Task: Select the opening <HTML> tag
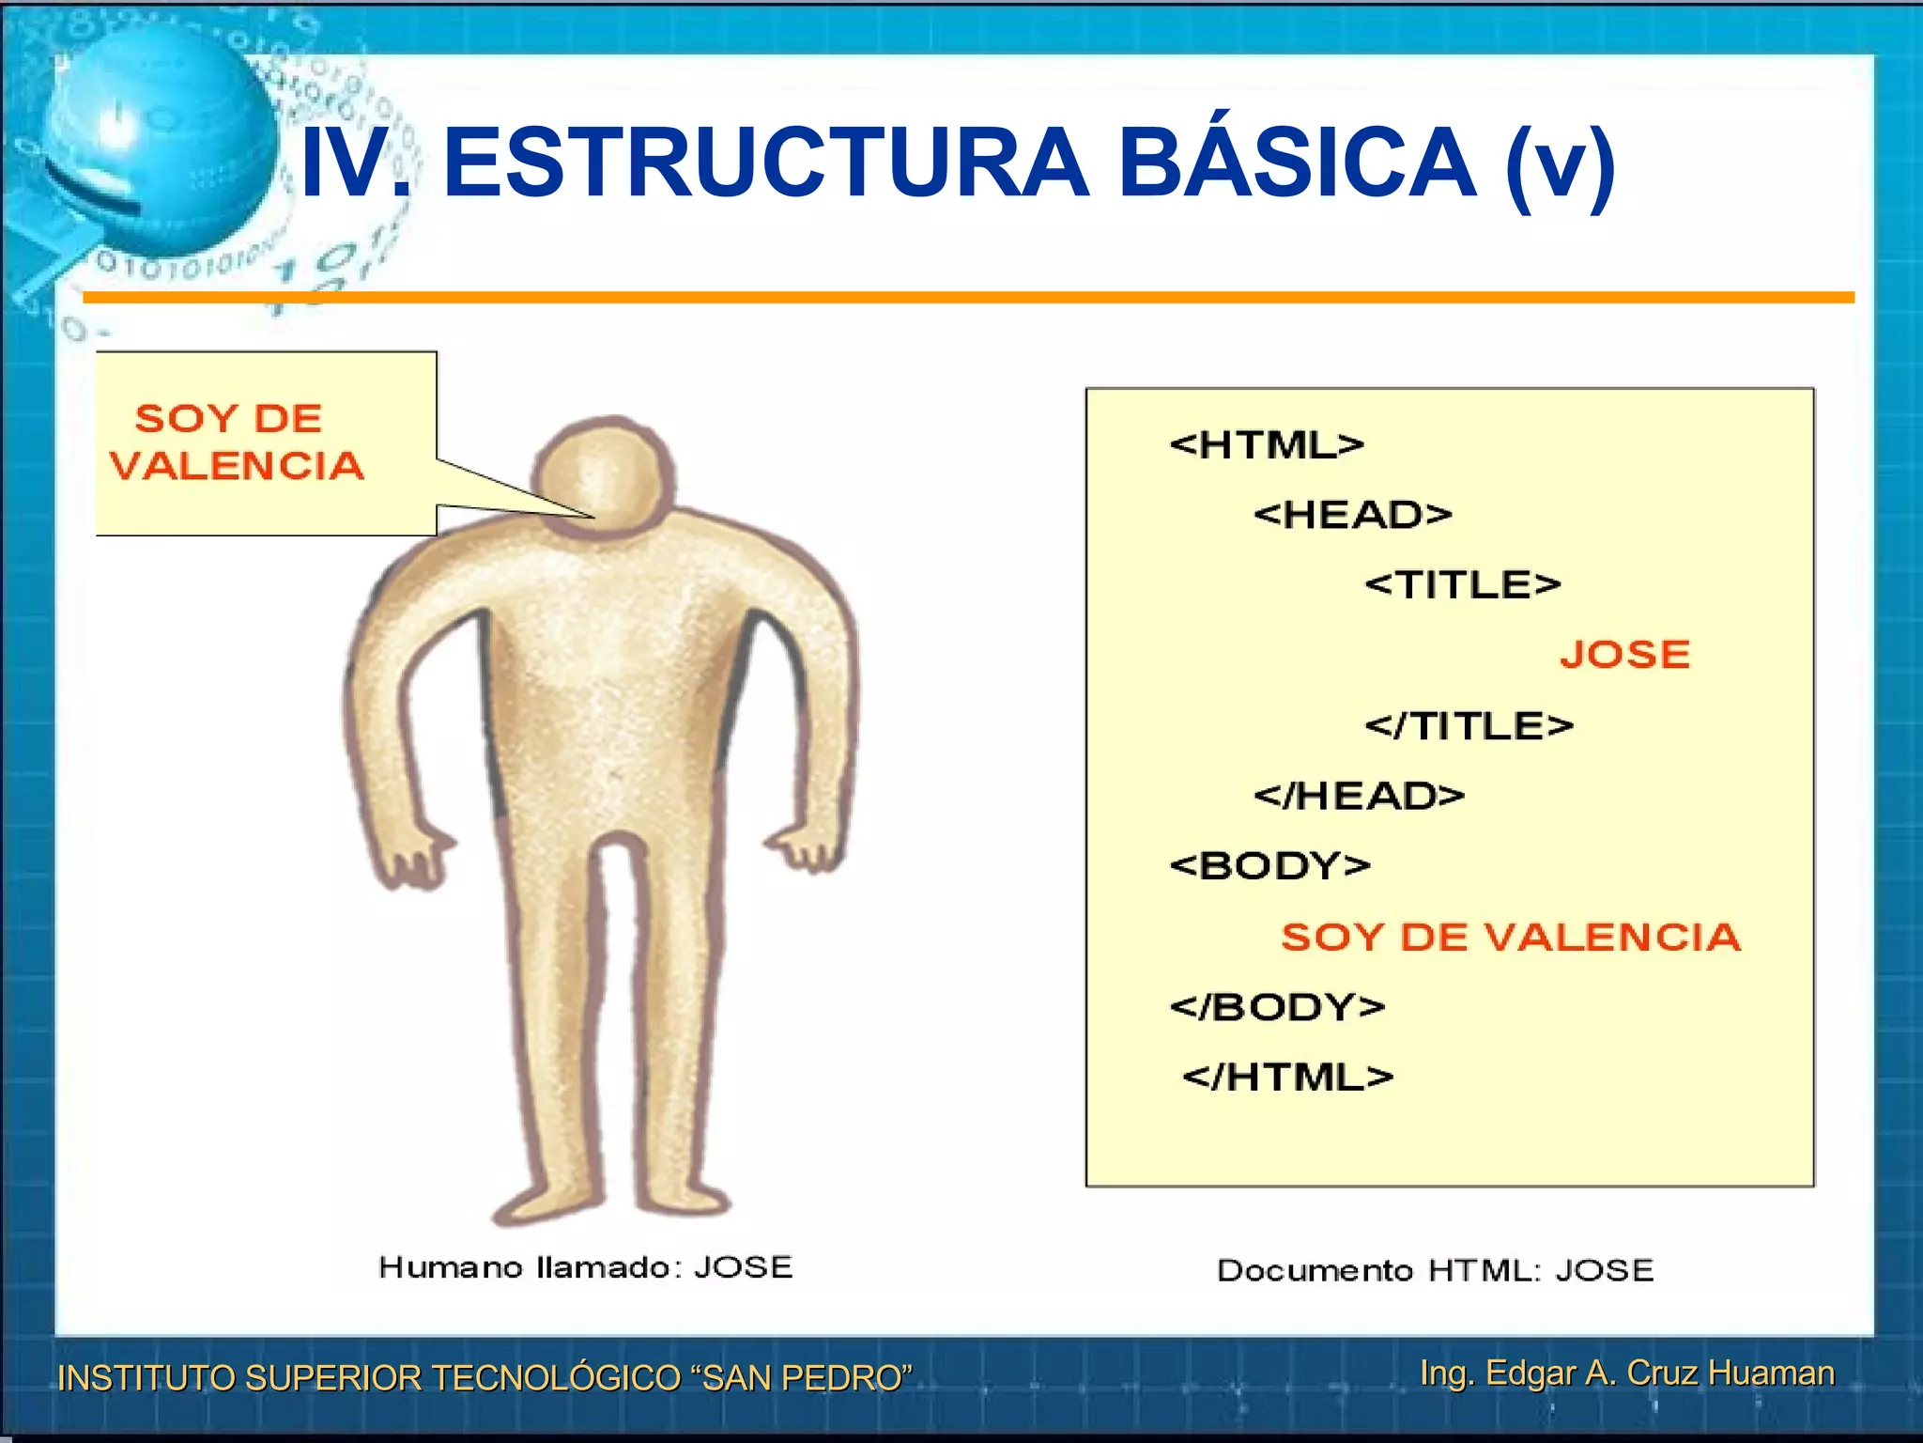(1267, 444)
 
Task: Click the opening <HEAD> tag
(1352, 515)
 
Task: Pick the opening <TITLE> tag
(1462, 584)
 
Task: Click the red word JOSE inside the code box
(1624, 655)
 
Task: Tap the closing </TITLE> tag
(1469, 725)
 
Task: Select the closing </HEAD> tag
(1359, 796)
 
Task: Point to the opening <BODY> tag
(1269, 865)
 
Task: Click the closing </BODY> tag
(1277, 1007)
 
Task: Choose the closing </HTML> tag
(1287, 1077)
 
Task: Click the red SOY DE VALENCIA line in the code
(1510, 937)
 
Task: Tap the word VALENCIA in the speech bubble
(237, 466)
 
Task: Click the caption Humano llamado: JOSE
(585, 1267)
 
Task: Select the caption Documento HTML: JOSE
(1434, 1270)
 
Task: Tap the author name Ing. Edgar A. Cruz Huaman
(1626, 1373)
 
